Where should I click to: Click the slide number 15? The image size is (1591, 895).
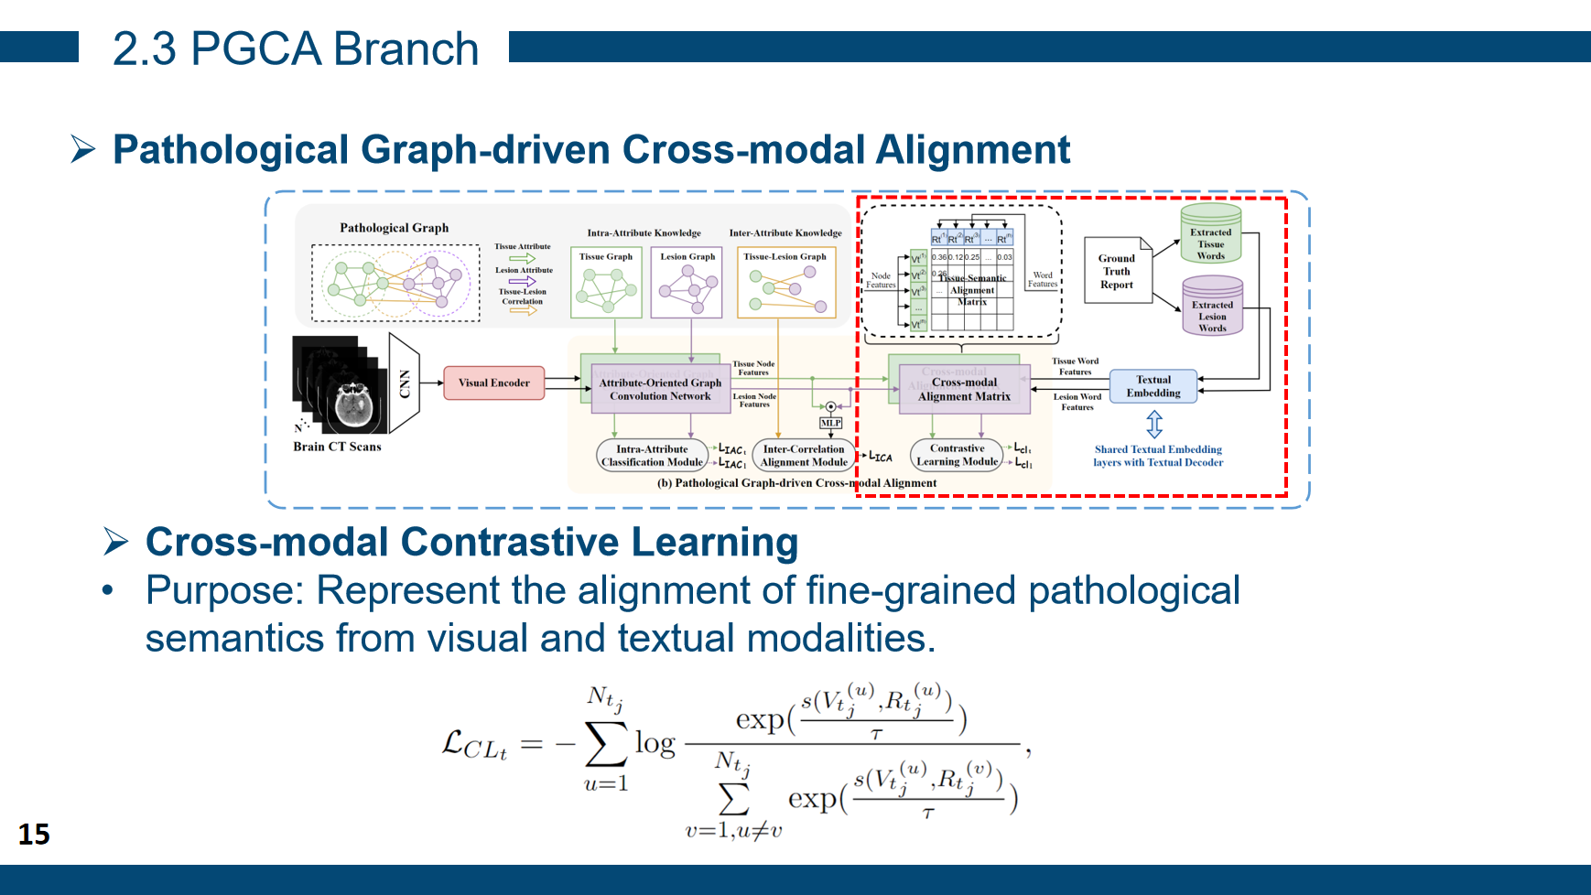pyautogui.click(x=34, y=834)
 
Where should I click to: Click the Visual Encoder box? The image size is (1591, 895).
pyautogui.click(x=493, y=383)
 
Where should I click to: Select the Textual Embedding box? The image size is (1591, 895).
pyautogui.click(x=1153, y=386)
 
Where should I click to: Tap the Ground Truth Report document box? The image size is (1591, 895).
pyautogui.click(x=1117, y=271)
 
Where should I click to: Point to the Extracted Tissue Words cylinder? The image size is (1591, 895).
pyautogui.click(x=1210, y=235)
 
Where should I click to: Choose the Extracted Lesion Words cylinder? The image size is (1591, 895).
pyautogui.click(x=1212, y=307)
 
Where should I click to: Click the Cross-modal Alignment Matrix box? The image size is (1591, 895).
pyautogui.click(x=964, y=389)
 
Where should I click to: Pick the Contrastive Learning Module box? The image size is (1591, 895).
pyautogui.click(x=957, y=455)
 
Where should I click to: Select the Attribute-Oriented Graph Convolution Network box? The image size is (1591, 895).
pyautogui.click(x=660, y=389)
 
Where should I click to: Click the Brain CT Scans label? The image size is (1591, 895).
pyautogui.click(x=337, y=447)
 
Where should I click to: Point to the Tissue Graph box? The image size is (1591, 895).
pyautogui.click(x=606, y=283)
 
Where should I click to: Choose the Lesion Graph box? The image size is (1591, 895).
pyautogui.click(x=687, y=283)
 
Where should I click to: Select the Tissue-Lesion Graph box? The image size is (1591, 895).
pyautogui.click(x=785, y=283)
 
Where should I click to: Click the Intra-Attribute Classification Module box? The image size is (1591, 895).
pyautogui.click(x=652, y=455)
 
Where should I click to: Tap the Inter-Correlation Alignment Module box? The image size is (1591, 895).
pyautogui.click(x=804, y=455)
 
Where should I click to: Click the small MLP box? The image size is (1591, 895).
pyautogui.click(x=830, y=423)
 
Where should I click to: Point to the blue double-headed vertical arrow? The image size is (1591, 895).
pyautogui.click(x=1154, y=424)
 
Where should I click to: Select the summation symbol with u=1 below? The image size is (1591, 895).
pyautogui.click(x=605, y=744)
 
